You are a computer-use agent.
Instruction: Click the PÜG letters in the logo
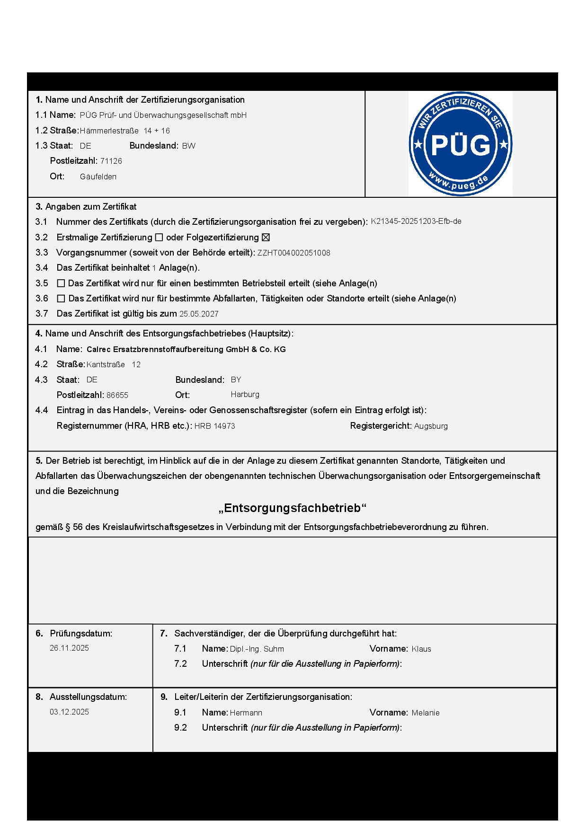coord(461,145)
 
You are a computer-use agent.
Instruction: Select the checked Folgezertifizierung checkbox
coord(266,238)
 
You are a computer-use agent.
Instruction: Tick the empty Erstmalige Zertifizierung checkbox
coord(159,238)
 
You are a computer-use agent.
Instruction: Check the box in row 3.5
coord(61,283)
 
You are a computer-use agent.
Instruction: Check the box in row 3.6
coord(61,299)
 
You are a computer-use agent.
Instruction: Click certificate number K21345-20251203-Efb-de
coord(416,221)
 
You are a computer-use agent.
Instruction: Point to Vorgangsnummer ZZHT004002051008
coord(293,253)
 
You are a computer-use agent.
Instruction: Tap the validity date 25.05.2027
coord(199,314)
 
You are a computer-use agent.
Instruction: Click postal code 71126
coord(111,161)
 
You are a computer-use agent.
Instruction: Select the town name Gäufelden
coord(98,177)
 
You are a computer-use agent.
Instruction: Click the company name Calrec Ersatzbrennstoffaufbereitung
coord(186,349)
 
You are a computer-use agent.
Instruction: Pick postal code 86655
coord(117,395)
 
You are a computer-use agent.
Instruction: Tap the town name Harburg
coord(245,395)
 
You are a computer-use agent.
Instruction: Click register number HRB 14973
coord(214,426)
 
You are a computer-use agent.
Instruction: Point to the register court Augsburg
coord(431,426)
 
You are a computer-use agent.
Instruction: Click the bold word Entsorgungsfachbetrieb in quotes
coord(293,508)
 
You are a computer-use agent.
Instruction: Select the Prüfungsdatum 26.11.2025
coord(69,648)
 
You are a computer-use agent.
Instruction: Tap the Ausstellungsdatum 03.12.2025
coord(69,712)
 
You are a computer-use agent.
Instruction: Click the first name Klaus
coord(421,649)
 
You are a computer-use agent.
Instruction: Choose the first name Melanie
coord(426,713)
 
